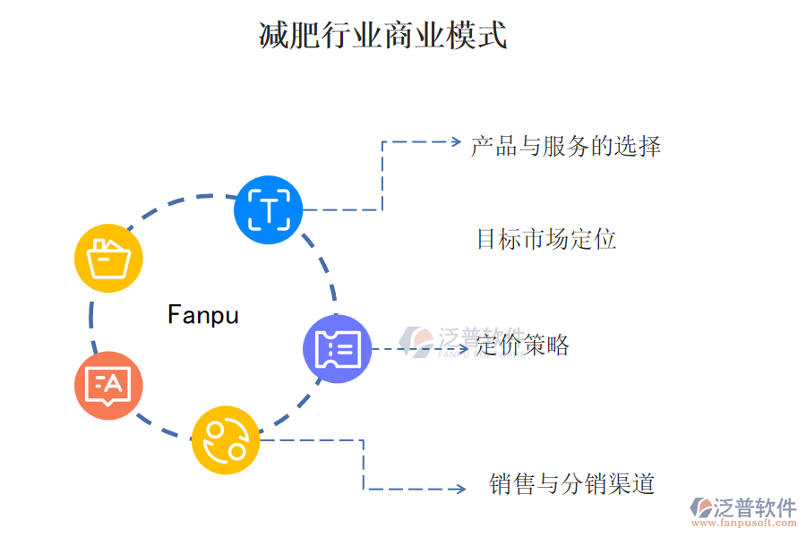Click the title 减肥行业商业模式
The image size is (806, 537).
[x=382, y=37]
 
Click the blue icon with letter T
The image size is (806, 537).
[x=268, y=210]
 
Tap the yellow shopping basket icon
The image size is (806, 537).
[x=108, y=259]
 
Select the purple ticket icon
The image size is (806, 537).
[x=338, y=349]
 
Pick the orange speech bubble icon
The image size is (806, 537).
[x=108, y=386]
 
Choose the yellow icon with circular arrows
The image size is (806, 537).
[x=226, y=439]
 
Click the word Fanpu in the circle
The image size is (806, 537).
[x=203, y=315]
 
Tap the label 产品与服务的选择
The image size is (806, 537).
[x=566, y=146]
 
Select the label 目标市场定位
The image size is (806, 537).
[x=546, y=239]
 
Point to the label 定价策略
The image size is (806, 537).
[x=523, y=345]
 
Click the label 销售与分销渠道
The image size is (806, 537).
[x=572, y=484]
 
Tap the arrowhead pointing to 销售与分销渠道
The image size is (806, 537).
[x=459, y=489]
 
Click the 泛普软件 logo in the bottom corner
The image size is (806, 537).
[x=742, y=508]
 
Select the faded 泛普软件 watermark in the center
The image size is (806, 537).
[x=461, y=341]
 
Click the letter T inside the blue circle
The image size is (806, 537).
[x=268, y=211]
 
